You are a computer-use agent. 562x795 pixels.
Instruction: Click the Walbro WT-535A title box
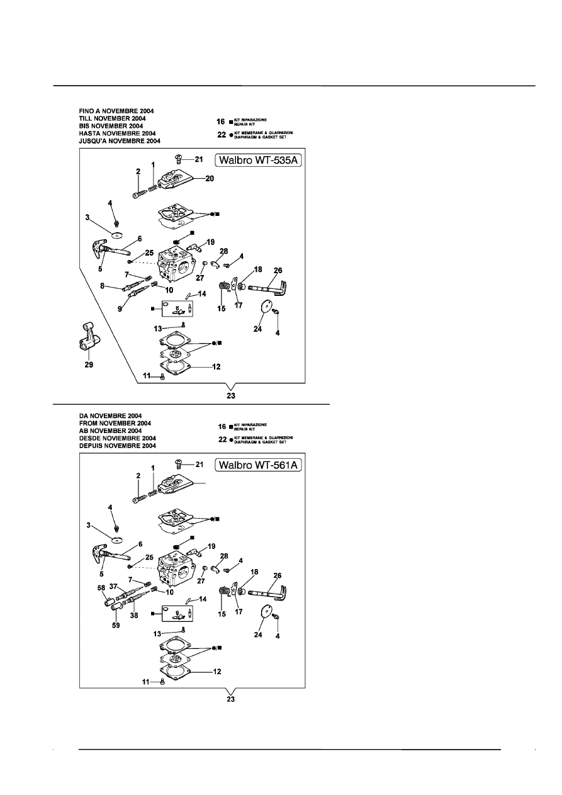tap(259, 161)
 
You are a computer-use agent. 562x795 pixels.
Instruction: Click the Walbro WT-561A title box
tap(259, 466)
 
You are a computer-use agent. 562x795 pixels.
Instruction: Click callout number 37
tap(114, 586)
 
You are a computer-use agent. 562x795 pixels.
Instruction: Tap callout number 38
tap(133, 617)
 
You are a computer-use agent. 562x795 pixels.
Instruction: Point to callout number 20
tap(209, 179)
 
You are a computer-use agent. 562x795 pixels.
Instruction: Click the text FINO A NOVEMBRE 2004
tap(116, 111)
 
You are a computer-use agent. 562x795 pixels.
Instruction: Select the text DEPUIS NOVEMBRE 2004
tap(117, 446)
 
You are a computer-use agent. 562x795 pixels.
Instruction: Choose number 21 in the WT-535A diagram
tap(199, 159)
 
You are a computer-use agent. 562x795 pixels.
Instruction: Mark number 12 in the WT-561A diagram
tap(216, 671)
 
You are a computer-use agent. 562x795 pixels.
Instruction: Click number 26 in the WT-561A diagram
tap(277, 575)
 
